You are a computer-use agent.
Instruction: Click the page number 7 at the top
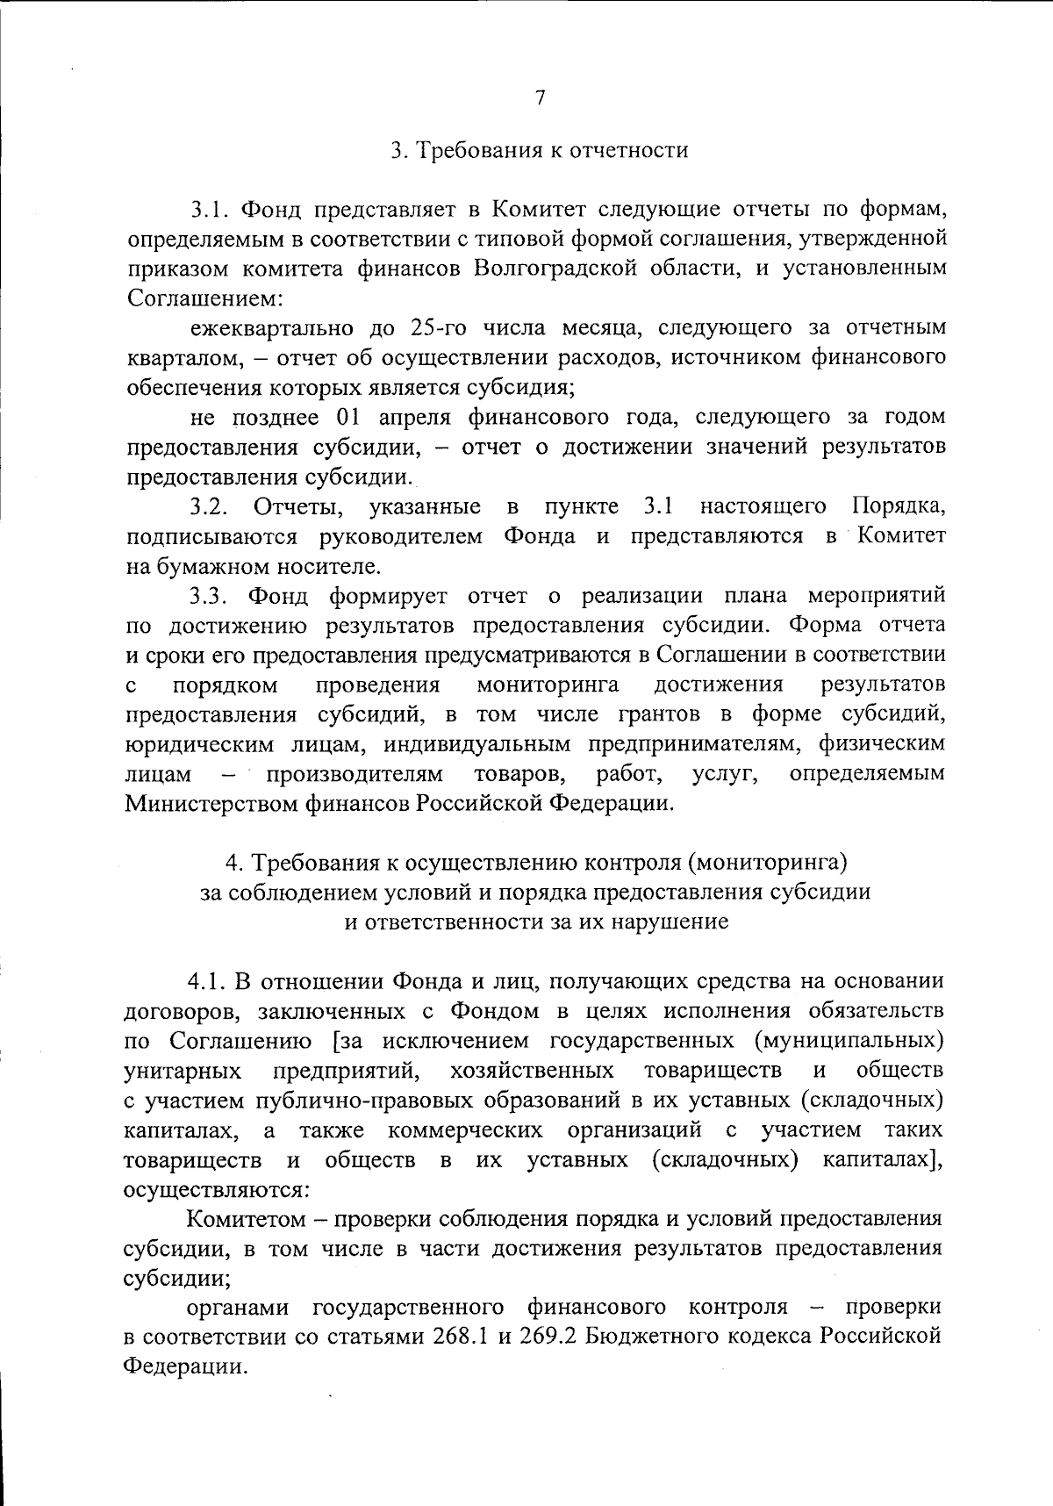click(x=540, y=97)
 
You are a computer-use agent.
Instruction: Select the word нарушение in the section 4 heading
click(x=676, y=922)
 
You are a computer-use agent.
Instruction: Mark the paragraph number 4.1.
click(x=207, y=980)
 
